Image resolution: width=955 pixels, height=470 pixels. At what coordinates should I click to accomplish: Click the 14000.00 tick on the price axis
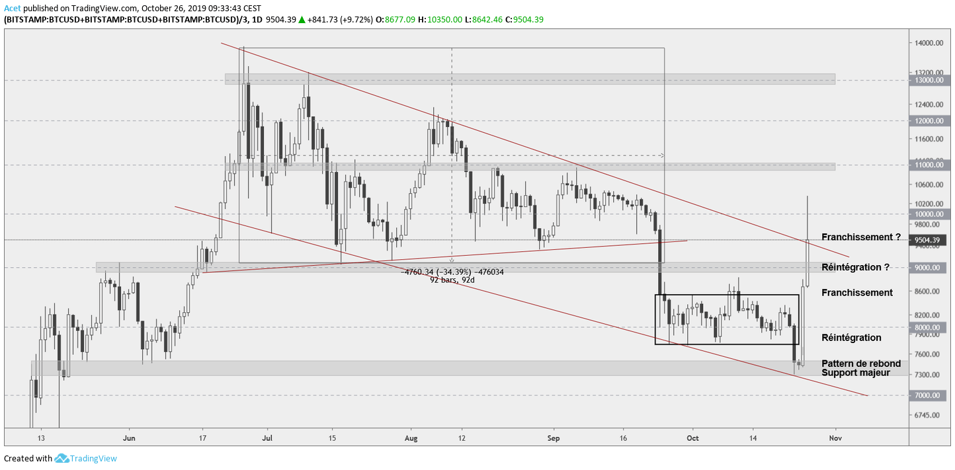tap(929, 43)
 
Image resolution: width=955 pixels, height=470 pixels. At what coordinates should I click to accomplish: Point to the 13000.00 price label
tap(929, 80)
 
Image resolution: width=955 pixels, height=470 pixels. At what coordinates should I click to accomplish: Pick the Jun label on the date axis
tap(130, 438)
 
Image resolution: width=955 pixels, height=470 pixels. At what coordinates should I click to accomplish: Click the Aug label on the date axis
tap(411, 438)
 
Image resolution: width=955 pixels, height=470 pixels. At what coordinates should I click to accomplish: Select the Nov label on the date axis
tap(835, 438)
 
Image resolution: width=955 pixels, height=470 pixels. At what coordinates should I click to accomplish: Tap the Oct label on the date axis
tap(693, 438)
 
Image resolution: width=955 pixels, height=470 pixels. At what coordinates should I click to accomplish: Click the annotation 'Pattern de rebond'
tap(861, 364)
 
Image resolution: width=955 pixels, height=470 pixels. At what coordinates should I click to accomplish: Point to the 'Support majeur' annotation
tap(856, 373)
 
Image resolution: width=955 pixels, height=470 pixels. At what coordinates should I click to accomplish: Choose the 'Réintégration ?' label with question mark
tap(855, 267)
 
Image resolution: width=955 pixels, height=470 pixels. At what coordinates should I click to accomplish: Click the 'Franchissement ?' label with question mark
tap(861, 237)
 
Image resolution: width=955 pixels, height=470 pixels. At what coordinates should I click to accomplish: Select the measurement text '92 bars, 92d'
tap(452, 280)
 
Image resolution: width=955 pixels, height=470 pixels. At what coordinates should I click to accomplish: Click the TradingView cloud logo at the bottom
tap(62, 458)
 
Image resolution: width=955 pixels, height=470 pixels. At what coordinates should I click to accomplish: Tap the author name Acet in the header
tap(13, 8)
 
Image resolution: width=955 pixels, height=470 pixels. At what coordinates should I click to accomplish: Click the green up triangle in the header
tap(302, 20)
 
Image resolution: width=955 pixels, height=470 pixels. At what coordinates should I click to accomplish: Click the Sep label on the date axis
tap(554, 438)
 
